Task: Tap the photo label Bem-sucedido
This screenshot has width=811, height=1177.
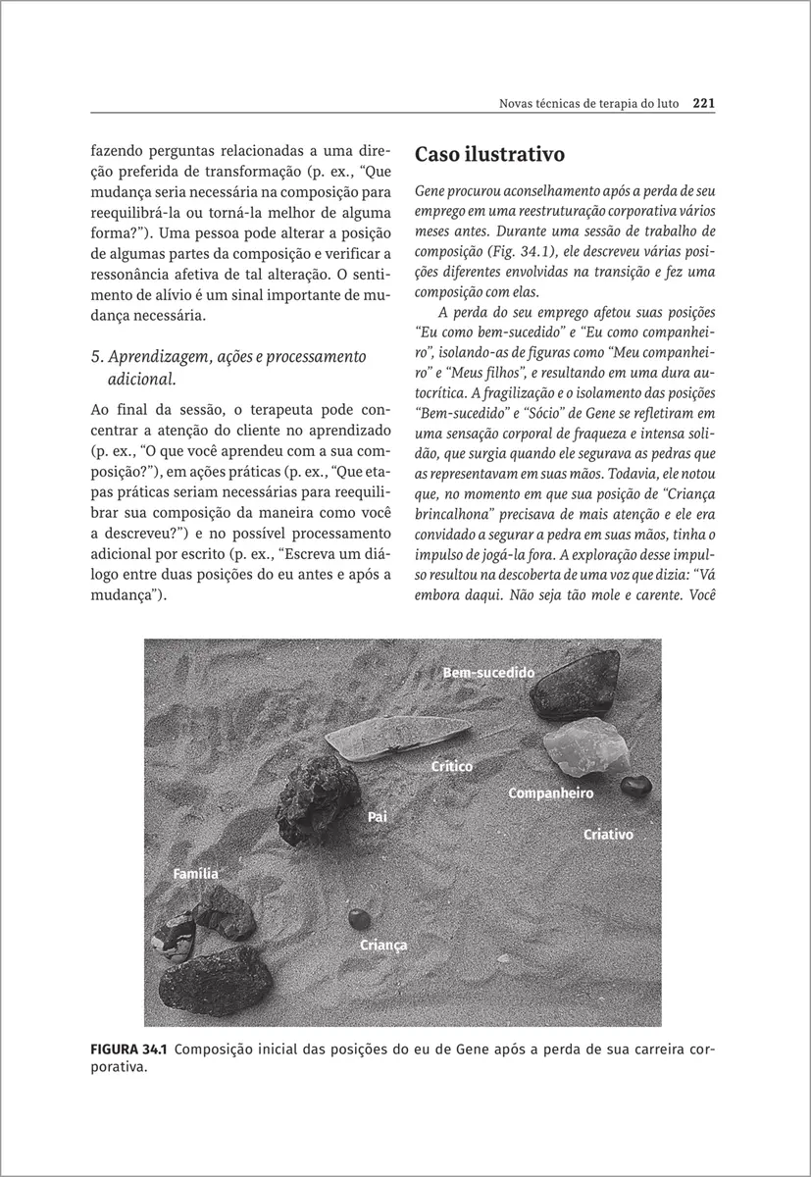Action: coord(488,673)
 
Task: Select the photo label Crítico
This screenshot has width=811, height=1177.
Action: coord(452,765)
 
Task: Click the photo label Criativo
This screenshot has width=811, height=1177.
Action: coord(608,835)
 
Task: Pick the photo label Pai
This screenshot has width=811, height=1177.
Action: coord(378,816)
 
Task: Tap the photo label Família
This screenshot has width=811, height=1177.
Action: coord(195,873)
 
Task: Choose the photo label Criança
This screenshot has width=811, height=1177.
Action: coord(383,946)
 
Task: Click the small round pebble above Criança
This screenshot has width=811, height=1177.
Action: coord(358,918)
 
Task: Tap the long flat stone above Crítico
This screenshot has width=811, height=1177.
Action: coord(397,739)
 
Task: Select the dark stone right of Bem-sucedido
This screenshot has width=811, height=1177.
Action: coord(574,688)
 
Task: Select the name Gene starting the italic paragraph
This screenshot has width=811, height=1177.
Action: coord(431,188)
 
